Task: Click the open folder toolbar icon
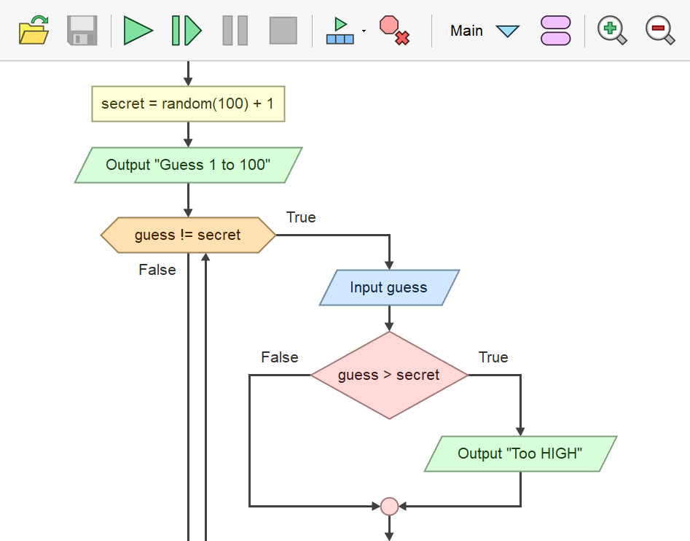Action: click(x=34, y=31)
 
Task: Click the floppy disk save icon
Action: click(x=82, y=31)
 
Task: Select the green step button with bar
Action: click(x=187, y=31)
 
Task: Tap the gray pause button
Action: click(x=235, y=31)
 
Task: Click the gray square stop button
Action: click(x=283, y=31)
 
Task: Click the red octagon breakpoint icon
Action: click(x=394, y=31)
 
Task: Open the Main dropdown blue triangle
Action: click(x=507, y=31)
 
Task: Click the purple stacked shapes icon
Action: click(x=556, y=31)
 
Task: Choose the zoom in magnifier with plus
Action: click(x=611, y=31)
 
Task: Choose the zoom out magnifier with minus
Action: click(x=660, y=31)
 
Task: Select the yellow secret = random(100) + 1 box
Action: click(x=188, y=104)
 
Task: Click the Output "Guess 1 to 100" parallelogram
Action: click(x=188, y=165)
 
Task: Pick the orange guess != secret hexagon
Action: click(x=188, y=235)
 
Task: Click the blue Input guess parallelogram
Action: click(x=389, y=287)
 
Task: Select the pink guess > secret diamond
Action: click(x=389, y=375)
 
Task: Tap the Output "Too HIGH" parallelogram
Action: click(x=520, y=454)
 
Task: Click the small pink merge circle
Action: click(x=389, y=505)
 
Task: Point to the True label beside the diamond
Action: click(x=493, y=357)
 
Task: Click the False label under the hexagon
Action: click(x=157, y=270)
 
